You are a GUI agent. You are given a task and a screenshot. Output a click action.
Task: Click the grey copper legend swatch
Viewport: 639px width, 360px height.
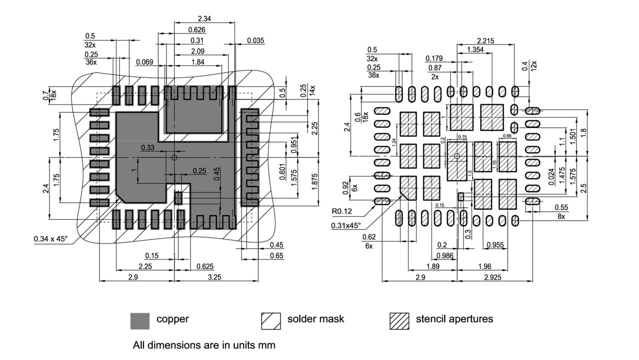(140, 321)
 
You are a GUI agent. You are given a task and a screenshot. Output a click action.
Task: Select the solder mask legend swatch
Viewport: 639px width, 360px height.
(271, 321)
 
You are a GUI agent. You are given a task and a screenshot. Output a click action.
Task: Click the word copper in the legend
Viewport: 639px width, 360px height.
(173, 319)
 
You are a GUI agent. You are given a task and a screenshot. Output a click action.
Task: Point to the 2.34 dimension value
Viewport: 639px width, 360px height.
(204, 19)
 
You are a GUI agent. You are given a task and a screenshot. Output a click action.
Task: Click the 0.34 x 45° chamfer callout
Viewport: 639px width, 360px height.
(50, 239)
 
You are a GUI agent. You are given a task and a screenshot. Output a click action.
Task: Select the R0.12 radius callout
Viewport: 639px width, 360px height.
(342, 212)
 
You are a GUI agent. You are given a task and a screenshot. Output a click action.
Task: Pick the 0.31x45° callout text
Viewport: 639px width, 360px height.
(346, 226)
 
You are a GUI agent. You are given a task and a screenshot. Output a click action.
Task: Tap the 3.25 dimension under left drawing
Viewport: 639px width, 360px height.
(214, 277)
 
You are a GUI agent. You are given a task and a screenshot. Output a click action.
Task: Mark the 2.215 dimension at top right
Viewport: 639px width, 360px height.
(486, 41)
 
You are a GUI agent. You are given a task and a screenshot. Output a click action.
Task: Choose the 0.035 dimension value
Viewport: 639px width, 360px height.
(256, 41)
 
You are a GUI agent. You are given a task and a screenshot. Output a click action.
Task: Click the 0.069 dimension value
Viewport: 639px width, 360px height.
(144, 62)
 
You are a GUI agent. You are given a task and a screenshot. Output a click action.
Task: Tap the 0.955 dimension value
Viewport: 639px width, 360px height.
(494, 245)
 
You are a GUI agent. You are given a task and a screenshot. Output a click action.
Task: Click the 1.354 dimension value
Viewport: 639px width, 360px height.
(475, 50)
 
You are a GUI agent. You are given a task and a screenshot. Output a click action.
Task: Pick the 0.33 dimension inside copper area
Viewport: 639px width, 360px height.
(147, 148)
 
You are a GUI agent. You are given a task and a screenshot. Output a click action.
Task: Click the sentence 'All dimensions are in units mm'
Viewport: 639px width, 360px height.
(204, 345)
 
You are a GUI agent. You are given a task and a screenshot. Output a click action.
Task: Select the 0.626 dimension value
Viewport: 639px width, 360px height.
(197, 30)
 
